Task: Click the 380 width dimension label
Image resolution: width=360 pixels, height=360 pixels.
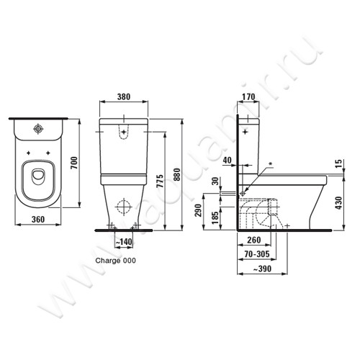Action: tap(124, 96)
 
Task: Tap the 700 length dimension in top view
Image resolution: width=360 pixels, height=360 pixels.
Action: tap(75, 163)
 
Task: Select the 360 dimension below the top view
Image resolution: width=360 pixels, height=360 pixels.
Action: tap(38, 219)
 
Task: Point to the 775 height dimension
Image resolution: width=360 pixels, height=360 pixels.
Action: tap(161, 181)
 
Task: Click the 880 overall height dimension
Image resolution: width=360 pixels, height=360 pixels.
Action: tap(176, 174)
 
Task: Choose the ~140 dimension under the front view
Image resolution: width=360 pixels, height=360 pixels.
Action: tap(124, 242)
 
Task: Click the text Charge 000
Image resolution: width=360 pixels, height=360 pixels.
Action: tap(115, 261)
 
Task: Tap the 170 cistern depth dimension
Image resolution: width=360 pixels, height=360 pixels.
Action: tap(248, 96)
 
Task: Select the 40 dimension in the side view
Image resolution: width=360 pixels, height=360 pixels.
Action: tap(227, 160)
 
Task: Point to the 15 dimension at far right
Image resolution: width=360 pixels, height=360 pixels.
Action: tap(338, 163)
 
